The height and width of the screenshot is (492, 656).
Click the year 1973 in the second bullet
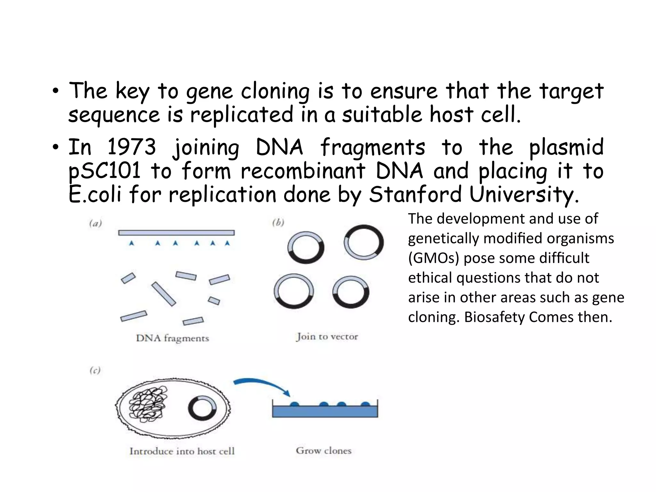tap(131, 147)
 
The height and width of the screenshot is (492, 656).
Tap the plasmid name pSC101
tap(104, 171)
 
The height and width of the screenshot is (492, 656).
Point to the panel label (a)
tap(95, 223)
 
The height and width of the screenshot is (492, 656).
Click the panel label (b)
tap(278, 222)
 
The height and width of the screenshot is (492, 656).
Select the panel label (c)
tap(95, 371)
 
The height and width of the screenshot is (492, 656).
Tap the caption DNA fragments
tap(172, 338)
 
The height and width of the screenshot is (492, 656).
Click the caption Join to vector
tap(327, 337)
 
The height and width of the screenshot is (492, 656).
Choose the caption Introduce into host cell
tap(182, 451)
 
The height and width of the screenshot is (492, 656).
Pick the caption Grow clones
tap(324, 451)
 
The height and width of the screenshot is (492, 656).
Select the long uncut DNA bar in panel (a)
tap(176, 233)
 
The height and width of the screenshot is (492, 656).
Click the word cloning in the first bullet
tap(275, 91)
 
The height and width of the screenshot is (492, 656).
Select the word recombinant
tap(303, 171)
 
